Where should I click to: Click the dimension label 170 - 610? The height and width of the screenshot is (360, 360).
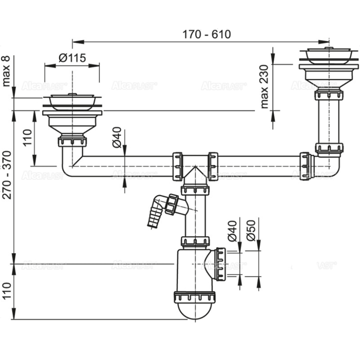pos(206,34)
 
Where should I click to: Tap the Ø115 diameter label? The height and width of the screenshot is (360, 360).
pos(72,58)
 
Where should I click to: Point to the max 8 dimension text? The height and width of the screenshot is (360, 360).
pos(6,71)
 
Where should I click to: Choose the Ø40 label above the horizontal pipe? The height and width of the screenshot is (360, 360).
pos(117,137)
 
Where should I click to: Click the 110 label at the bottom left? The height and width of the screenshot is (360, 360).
pos(6,292)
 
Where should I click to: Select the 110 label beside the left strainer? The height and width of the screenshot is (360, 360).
pos(27,137)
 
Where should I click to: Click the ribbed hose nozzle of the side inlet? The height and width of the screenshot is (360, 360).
pos(153,218)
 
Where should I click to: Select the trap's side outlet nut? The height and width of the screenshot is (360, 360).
pos(220,264)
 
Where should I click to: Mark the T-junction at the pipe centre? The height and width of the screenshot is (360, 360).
pos(195,168)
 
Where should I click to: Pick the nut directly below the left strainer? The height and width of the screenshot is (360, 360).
pos(72,141)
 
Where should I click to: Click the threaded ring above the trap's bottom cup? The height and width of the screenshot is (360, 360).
pos(194,297)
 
